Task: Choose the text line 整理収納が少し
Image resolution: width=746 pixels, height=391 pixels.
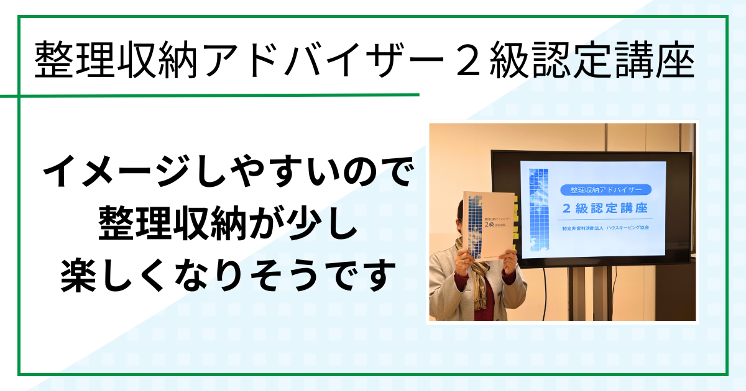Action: click(227, 223)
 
